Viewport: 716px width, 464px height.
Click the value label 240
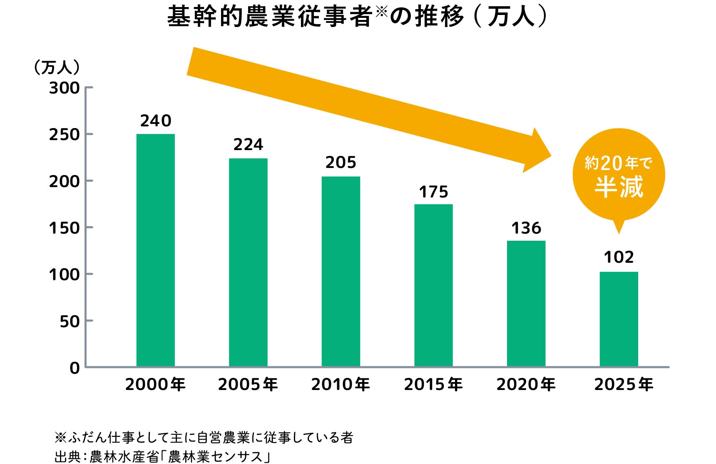[156, 121]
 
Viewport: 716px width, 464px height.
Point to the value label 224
[248, 145]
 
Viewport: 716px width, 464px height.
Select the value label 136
[526, 228]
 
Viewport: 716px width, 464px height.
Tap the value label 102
[619, 257]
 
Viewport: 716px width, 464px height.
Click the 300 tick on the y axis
[65, 88]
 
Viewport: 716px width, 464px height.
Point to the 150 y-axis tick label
[65, 228]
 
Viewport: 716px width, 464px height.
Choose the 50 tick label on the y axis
[70, 321]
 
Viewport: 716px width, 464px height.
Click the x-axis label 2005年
[248, 385]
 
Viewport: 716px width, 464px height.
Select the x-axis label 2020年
[526, 385]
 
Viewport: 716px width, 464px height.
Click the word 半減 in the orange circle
[619, 187]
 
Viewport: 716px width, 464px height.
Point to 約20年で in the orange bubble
[619, 163]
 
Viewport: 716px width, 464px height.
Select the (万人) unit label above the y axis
[57, 67]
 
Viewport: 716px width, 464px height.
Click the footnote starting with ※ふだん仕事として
[204, 437]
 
